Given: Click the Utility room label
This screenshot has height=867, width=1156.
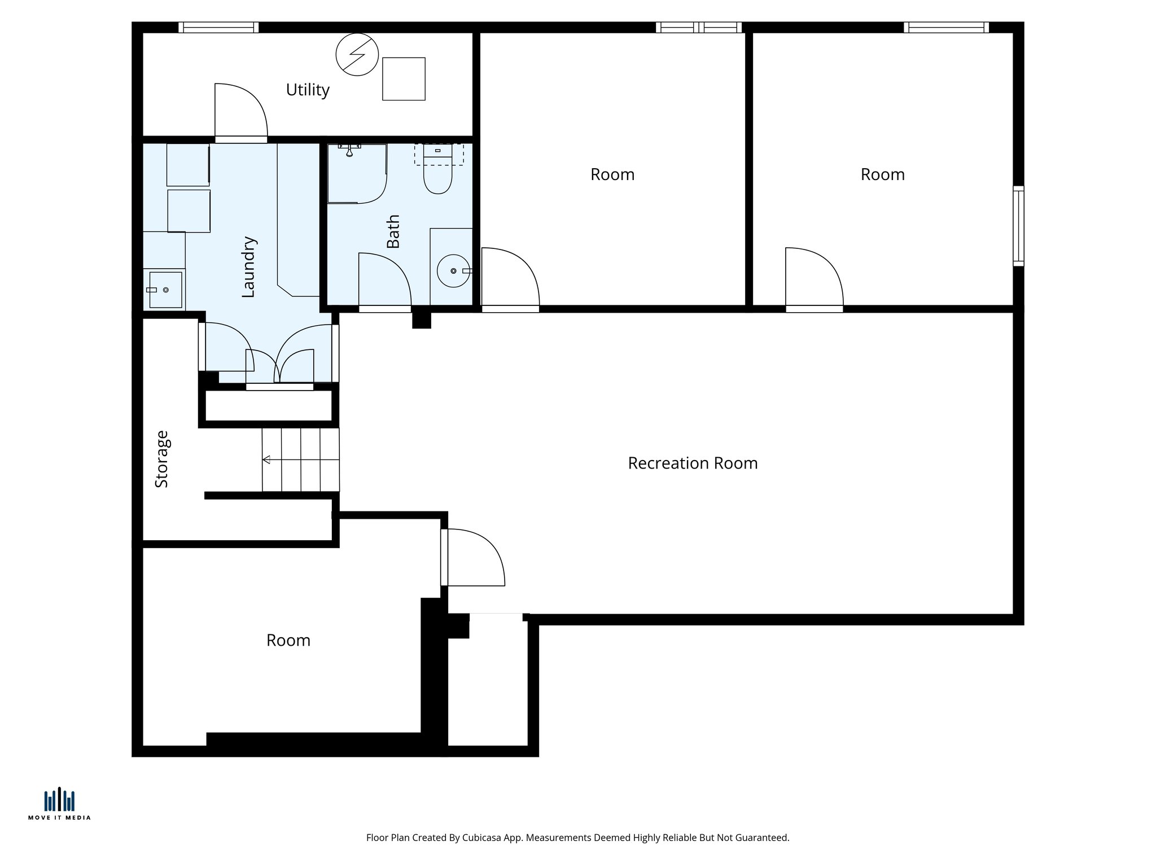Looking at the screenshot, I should (x=308, y=90).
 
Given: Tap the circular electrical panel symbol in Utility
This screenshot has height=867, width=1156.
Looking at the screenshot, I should (x=357, y=54).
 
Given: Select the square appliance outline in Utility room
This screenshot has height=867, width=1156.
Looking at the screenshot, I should (x=404, y=79).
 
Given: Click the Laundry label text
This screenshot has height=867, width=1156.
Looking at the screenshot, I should (x=248, y=267).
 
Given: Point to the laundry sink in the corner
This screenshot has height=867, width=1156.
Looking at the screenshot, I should (x=165, y=290).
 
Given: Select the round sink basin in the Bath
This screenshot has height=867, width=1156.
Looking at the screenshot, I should (x=453, y=271).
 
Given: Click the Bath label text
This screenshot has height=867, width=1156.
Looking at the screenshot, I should (x=393, y=231).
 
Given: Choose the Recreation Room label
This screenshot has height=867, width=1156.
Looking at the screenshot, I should (x=693, y=463).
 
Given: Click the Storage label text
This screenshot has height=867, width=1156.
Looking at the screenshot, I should (x=162, y=459).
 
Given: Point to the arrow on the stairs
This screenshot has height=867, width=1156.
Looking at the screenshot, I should (x=267, y=459).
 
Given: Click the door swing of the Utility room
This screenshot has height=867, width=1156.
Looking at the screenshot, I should (x=240, y=110).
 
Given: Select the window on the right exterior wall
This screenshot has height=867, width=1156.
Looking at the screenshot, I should (x=1018, y=226).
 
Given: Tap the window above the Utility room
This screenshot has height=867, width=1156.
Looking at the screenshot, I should (x=218, y=27).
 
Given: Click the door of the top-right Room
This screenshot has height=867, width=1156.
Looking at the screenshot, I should (x=813, y=279).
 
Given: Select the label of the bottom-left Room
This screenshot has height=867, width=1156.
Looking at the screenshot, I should (x=288, y=641).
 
